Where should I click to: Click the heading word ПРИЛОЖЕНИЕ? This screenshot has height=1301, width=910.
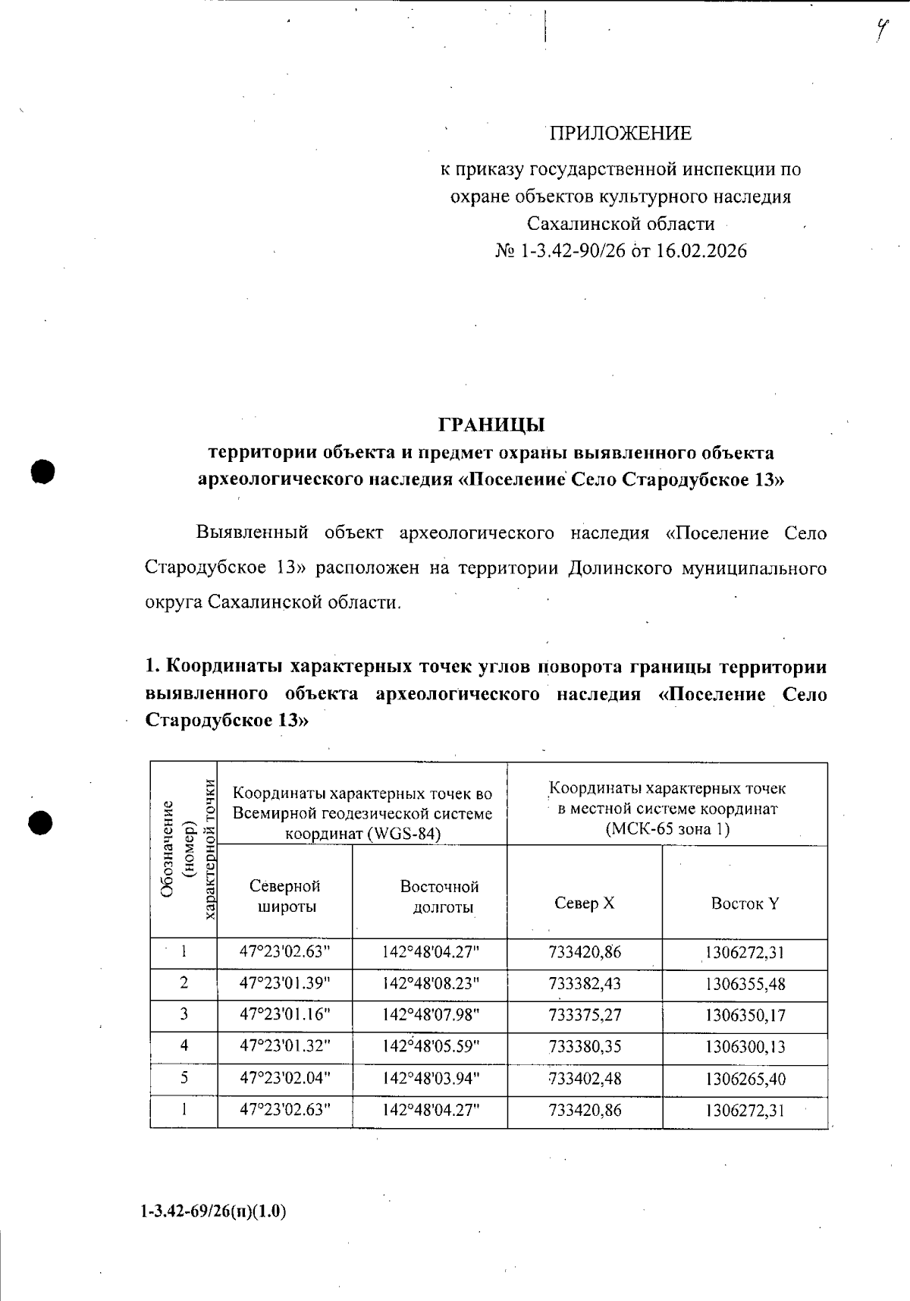tap(620, 134)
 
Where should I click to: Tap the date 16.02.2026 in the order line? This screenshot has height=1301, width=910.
tap(701, 251)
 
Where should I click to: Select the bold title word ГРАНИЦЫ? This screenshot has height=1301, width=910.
tap(492, 424)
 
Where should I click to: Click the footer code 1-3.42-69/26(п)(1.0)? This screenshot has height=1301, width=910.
tap(213, 1211)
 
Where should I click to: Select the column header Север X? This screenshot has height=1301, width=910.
tap(585, 903)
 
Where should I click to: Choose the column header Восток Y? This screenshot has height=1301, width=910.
tap(745, 903)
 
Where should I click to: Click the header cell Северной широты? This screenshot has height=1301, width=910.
tap(284, 896)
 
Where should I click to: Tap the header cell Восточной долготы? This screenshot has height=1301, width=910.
tap(440, 897)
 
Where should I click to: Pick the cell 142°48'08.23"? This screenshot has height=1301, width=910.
tap(431, 984)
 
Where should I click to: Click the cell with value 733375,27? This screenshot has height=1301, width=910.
tap(585, 1015)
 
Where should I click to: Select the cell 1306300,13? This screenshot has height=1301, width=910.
tap(745, 1047)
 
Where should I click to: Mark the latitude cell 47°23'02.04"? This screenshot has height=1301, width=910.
tap(284, 1078)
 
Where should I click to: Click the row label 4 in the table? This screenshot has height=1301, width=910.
tap(184, 1046)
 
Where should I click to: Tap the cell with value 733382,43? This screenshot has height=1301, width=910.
tap(585, 984)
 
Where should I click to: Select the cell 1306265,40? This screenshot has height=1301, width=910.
tap(745, 1079)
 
